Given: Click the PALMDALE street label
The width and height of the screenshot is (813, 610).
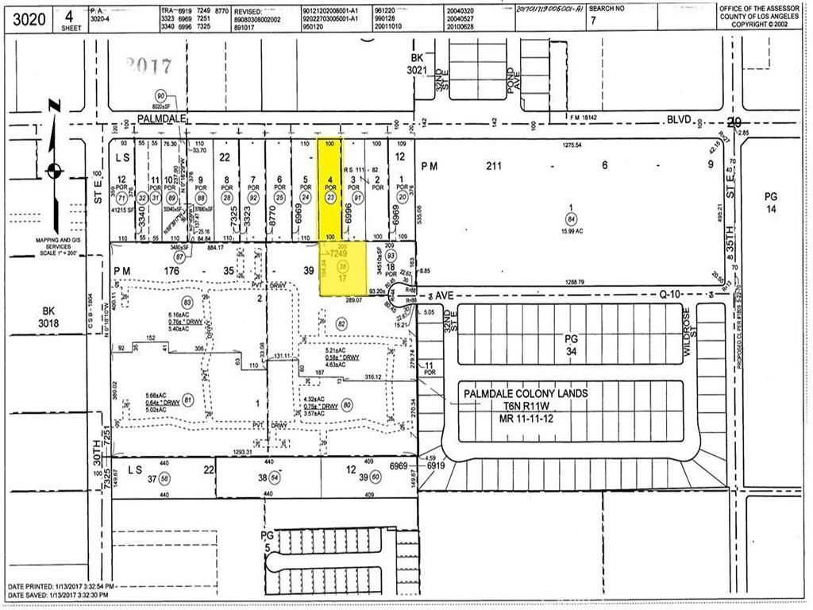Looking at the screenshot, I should click(161, 118).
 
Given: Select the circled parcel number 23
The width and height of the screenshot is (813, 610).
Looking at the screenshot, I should click(331, 198).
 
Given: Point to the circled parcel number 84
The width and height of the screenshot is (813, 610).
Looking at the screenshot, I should click(570, 222).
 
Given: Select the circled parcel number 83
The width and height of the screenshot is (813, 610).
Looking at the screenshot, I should click(187, 303).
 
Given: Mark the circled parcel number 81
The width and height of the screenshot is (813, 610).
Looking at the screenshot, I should click(188, 400).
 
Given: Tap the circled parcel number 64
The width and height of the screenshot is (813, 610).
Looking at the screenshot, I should click(275, 477).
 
